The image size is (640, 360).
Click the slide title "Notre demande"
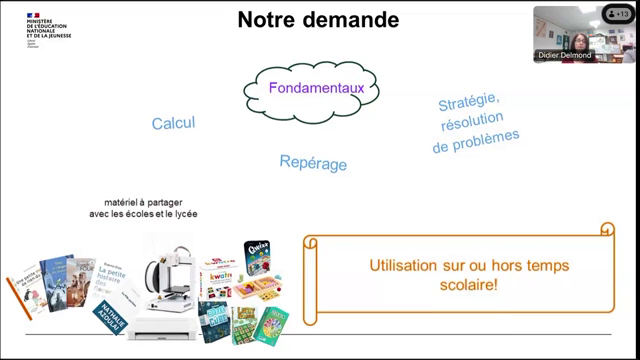point(318,20)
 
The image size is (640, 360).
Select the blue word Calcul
point(173,123)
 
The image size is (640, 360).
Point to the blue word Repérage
point(313,162)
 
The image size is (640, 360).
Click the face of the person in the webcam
point(580,40)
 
